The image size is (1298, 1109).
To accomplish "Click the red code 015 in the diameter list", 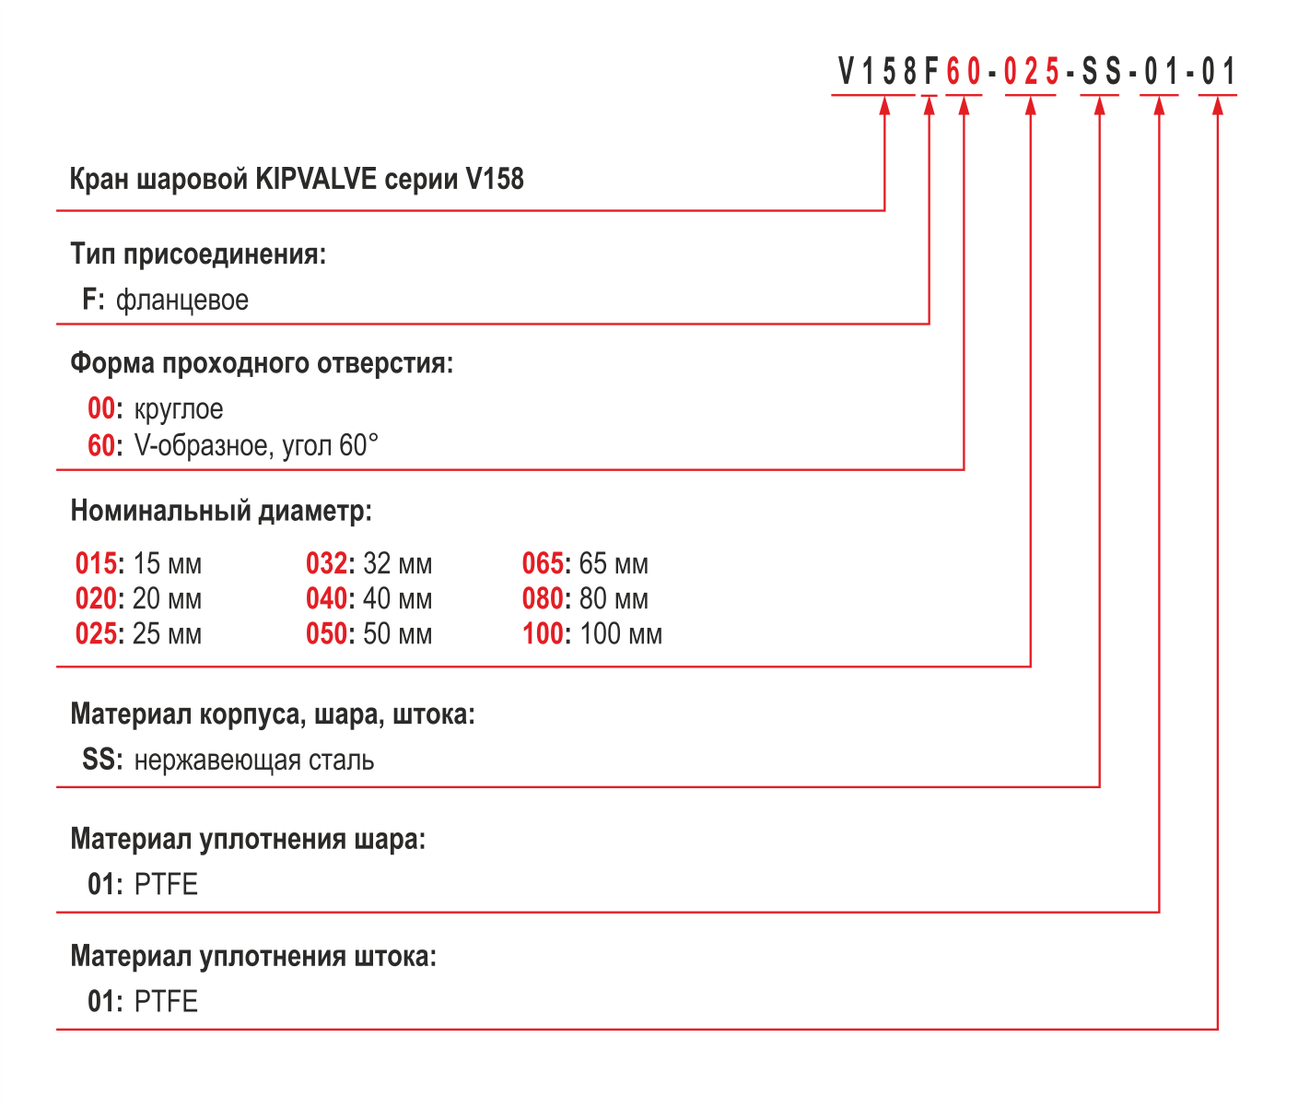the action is [x=96, y=563].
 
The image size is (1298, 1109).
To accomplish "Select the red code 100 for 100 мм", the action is [x=543, y=633].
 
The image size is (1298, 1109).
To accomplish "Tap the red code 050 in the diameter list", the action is [x=326, y=633].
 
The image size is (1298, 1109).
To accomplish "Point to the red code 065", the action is [x=543, y=563].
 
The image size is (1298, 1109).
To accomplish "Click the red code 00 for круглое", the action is [x=101, y=408].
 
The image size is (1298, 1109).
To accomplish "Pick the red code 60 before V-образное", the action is [x=101, y=445].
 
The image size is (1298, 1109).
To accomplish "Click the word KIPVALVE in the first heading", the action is [x=316, y=179].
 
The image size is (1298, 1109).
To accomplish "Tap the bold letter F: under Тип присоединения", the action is [x=94, y=299].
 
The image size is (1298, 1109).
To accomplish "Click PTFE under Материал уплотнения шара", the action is [x=166, y=884].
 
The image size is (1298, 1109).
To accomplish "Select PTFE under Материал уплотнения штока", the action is [x=166, y=1001].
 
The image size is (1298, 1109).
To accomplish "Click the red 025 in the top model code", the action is [x=1032, y=71].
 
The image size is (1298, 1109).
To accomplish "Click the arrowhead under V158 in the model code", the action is [x=884, y=106].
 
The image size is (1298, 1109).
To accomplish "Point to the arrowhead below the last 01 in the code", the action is [x=1218, y=106].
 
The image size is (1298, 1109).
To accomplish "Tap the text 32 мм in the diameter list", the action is [x=397, y=563].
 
